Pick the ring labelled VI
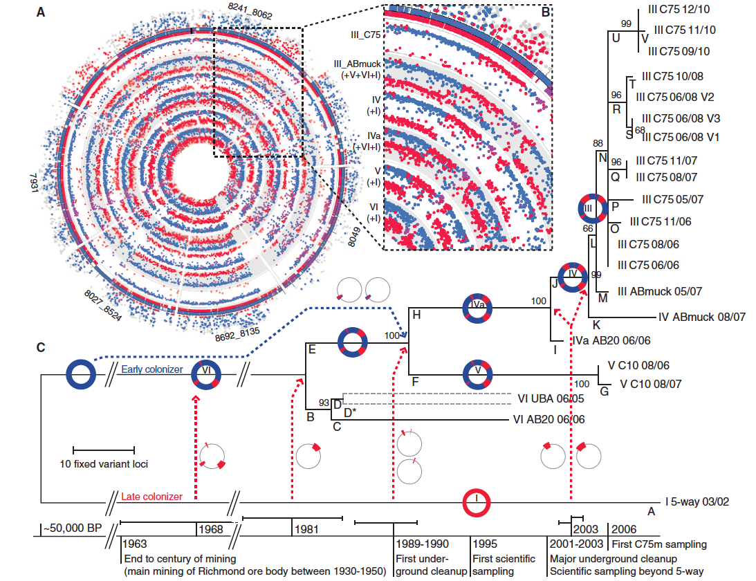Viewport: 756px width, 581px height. pos(207,375)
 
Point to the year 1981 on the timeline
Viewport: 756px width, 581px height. pos(306,528)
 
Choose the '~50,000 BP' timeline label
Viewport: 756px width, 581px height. pos(72,528)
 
